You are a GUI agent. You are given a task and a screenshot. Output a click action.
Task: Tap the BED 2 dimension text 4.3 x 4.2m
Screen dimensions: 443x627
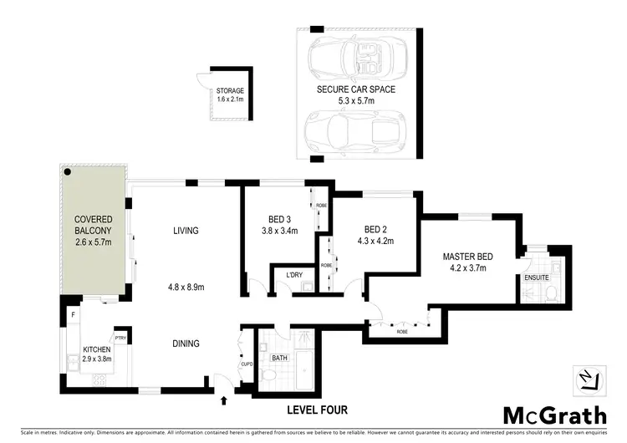378,242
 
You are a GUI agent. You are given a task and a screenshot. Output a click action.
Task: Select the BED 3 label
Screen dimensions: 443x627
278,221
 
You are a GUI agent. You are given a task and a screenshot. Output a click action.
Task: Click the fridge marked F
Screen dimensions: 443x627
74,315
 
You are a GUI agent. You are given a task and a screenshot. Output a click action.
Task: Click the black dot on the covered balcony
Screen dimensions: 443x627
69,171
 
